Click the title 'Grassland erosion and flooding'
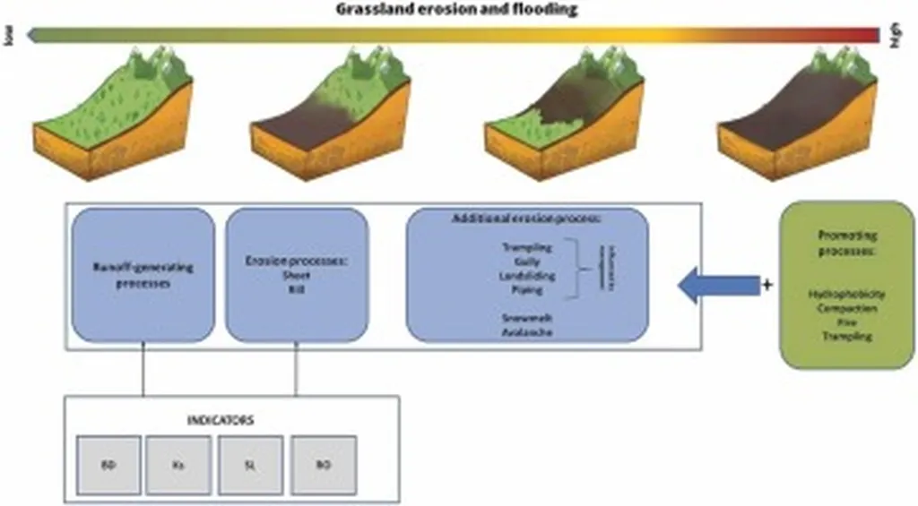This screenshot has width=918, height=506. click(x=456, y=10)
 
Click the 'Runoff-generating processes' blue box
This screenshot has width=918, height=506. click(x=143, y=274)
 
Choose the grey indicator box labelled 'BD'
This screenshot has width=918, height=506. click(x=108, y=466)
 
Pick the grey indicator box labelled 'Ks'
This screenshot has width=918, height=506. click(x=179, y=466)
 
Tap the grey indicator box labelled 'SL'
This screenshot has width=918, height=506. click(x=251, y=466)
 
